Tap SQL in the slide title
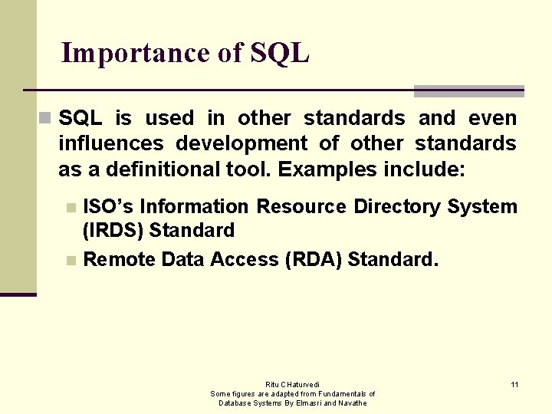pos(279,53)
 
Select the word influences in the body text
pos(111,143)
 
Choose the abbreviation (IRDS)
pos(113,230)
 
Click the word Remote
pos(119,260)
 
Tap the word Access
pos(248,260)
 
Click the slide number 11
pos(514,384)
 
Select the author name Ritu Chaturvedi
pos(293,384)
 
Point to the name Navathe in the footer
pos(353,402)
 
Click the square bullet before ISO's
pos(71,207)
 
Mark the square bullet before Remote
pos(71,261)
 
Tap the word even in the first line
pos(493,118)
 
